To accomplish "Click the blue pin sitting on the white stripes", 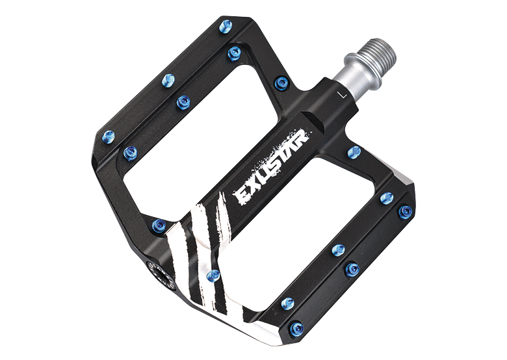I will [211, 276].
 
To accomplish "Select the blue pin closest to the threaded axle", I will [281, 83].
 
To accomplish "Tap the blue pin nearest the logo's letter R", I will [353, 152].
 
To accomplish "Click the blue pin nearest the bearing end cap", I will [159, 225].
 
